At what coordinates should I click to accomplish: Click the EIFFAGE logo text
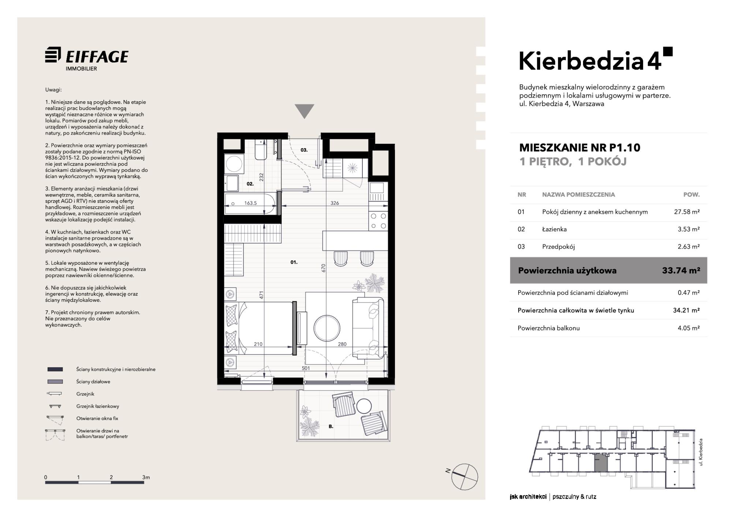tap(97, 57)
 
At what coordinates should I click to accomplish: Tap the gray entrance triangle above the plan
tap(305, 111)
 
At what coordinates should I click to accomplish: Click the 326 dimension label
tap(335, 203)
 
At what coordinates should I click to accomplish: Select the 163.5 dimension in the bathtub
tap(250, 203)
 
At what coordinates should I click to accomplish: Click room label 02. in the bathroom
tap(250, 184)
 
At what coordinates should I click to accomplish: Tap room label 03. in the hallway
tap(304, 150)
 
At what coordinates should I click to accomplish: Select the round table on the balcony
tap(364, 406)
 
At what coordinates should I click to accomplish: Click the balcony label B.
tap(331, 426)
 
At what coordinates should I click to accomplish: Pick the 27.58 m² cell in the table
tap(687, 212)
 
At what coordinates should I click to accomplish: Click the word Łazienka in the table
tap(554, 229)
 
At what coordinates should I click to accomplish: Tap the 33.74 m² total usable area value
tap(681, 271)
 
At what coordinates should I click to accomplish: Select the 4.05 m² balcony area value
tap(688, 328)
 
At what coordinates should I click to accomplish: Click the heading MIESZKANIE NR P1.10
tap(580, 148)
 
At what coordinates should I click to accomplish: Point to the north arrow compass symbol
tap(464, 476)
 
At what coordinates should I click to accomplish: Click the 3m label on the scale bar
tap(146, 477)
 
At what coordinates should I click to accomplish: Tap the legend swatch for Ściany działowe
tap(55, 382)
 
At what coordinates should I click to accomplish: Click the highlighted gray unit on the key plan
tap(600, 463)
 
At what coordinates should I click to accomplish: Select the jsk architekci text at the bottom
tap(528, 497)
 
